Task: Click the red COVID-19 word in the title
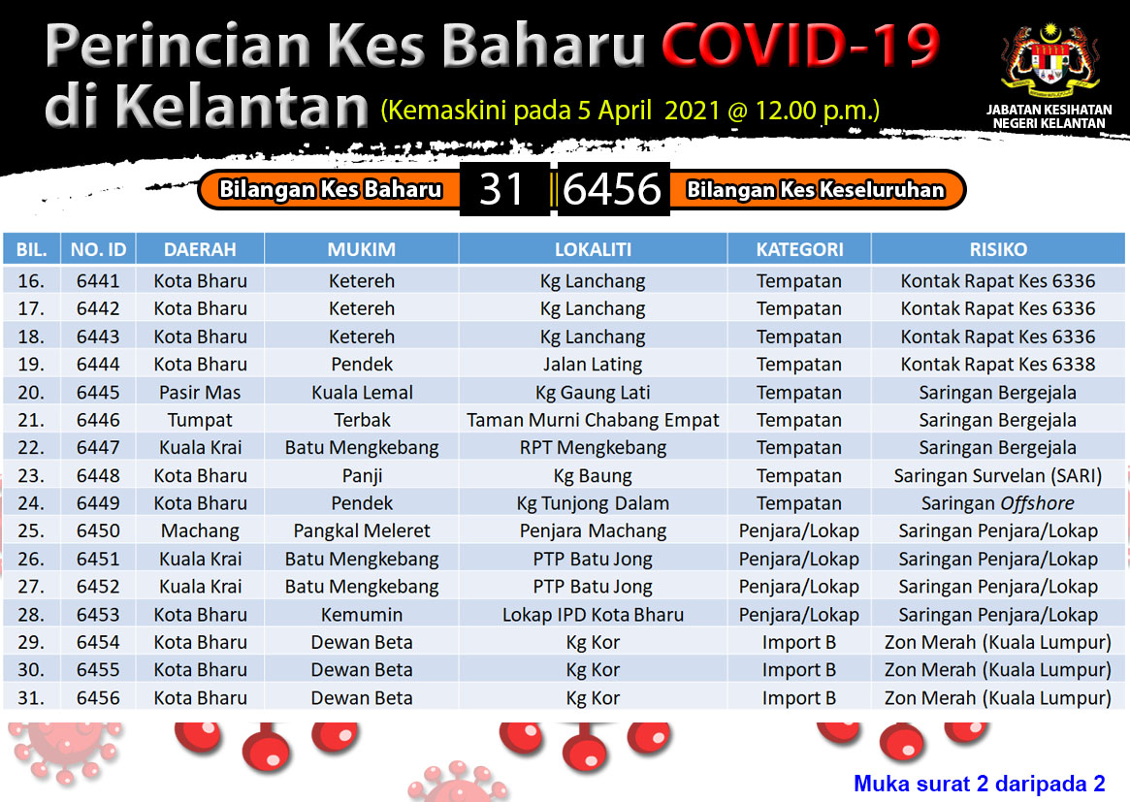(x=800, y=45)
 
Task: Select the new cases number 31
(x=501, y=189)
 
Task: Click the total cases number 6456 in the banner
(x=612, y=189)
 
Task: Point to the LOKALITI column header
(x=593, y=249)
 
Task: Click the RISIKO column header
(x=998, y=249)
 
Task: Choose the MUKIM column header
(x=361, y=249)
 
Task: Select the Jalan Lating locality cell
(x=593, y=365)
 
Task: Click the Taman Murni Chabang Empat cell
(x=593, y=420)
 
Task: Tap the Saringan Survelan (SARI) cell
(x=998, y=475)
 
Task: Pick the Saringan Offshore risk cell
(x=998, y=503)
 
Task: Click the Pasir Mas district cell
(x=200, y=393)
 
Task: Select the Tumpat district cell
(x=200, y=420)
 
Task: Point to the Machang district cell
(x=200, y=531)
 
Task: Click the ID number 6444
(x=98, y=365)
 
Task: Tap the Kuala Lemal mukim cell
(x=362, y=393)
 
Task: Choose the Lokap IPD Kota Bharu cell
(x=593, y=615)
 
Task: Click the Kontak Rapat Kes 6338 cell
(x=998, y=365)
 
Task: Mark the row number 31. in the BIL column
(x=30, y=698)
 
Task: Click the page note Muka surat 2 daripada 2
(x=980, y=784)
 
